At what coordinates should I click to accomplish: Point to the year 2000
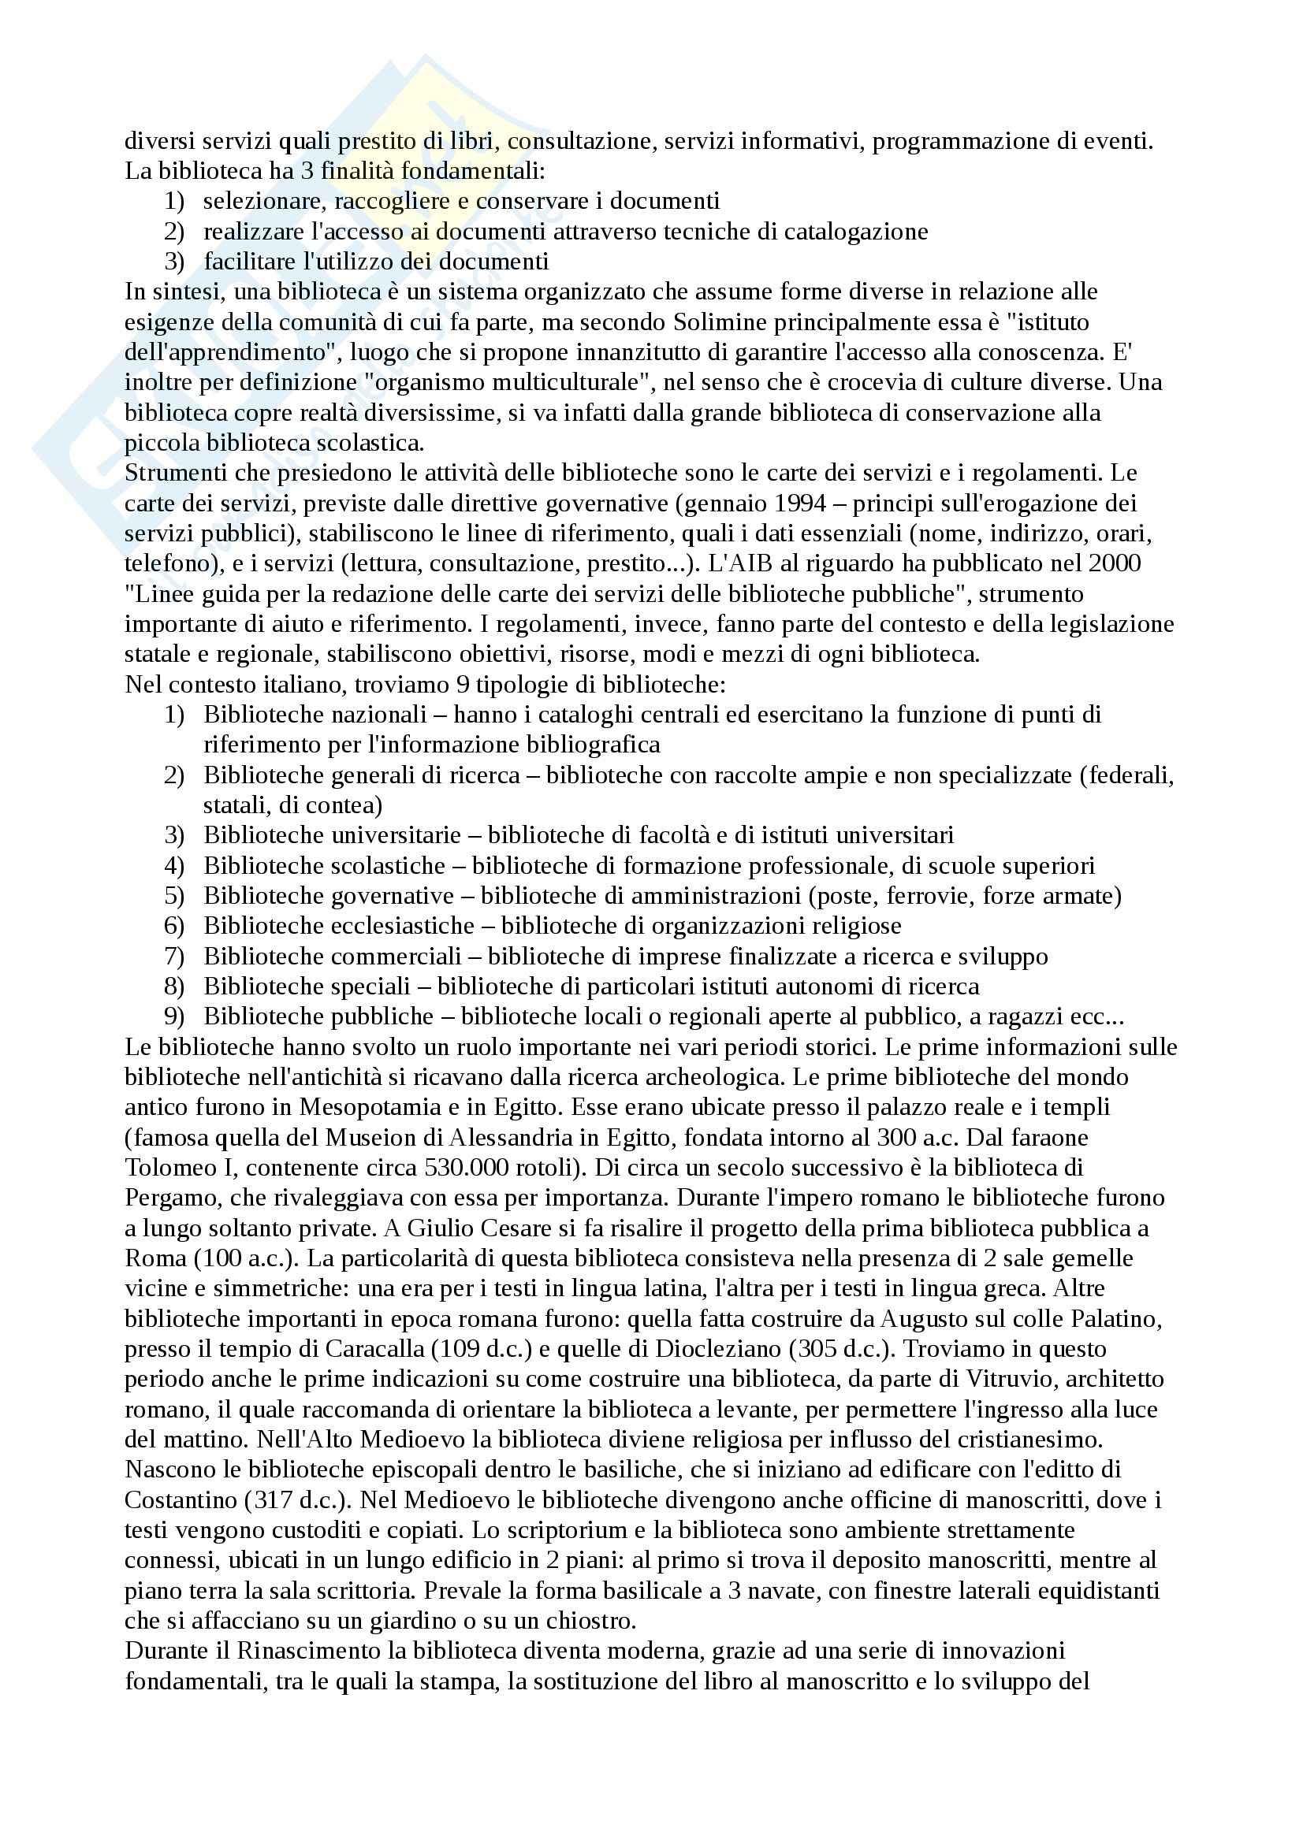pyautogui.click(x=1115, y=563)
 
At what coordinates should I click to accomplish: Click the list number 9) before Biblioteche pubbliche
pyautogui.click(x=174, y=1016)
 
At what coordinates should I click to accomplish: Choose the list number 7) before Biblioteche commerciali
pyautogui.click(x=174, y=956)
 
